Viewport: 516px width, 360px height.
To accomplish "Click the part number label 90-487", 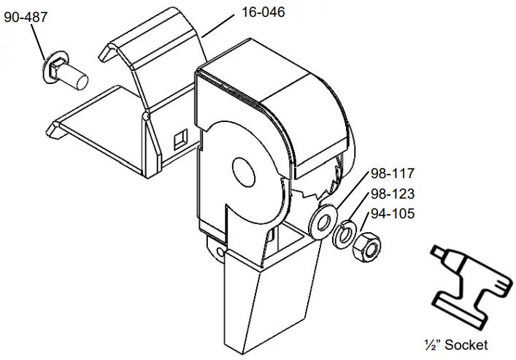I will (26, 16).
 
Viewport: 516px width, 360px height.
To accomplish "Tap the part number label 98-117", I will (393, 174).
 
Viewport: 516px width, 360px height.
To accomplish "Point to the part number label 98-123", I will (393, 194).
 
